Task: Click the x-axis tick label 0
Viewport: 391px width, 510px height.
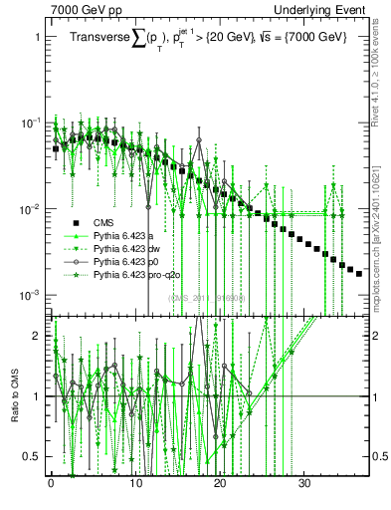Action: [x=51, y=481]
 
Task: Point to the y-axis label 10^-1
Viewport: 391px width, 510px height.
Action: [x=31, y=123]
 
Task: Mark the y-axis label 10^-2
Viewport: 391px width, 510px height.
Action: [x=31, y=209]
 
